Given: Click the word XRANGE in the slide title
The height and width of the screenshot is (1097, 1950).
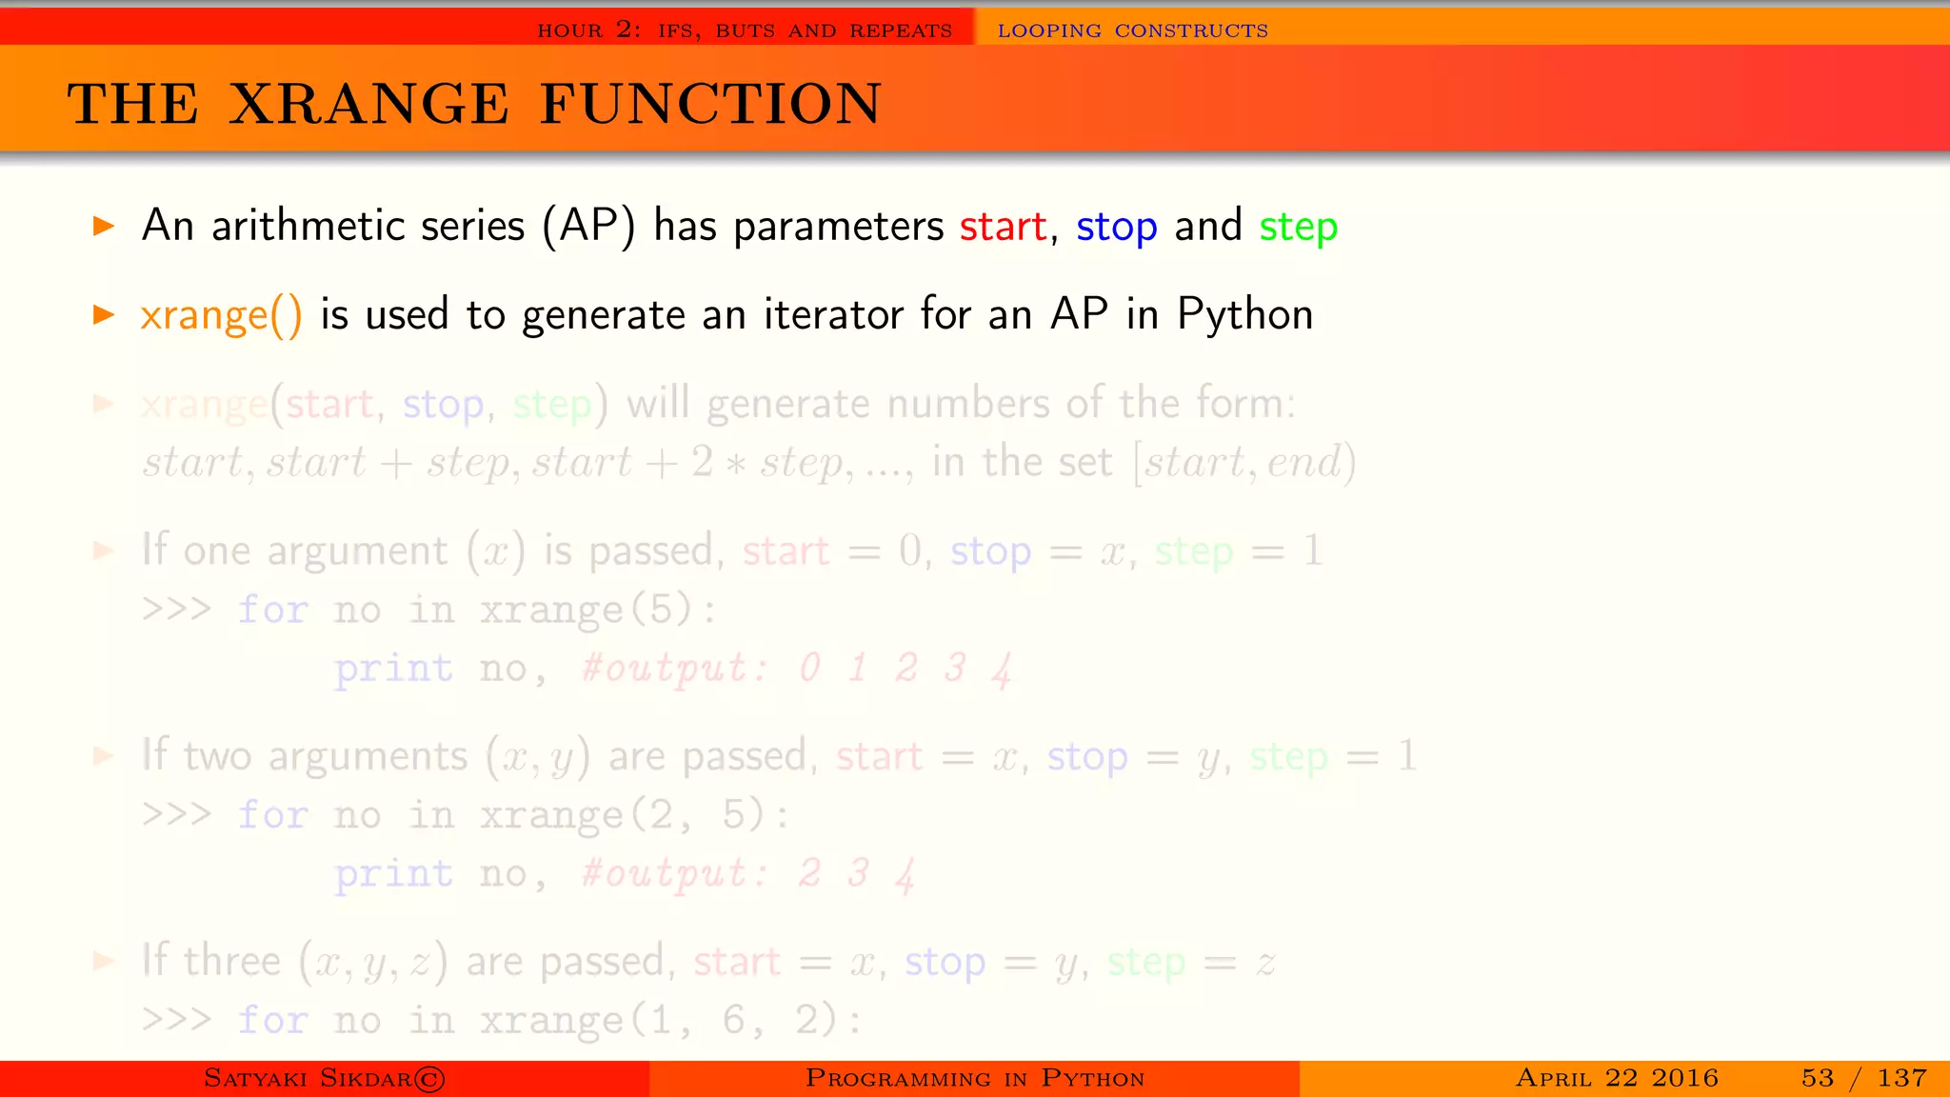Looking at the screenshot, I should tap(369, 104).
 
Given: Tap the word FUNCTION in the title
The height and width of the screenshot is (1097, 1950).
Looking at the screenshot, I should tap(710, 104).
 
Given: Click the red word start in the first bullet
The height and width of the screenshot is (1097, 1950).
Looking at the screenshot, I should tap(1003, 227).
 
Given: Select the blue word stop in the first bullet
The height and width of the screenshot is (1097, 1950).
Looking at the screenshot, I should tap(1116, 227).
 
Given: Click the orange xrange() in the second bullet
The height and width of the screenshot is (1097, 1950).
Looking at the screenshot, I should tap(221, 315).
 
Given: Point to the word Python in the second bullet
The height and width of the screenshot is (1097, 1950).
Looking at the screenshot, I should tap(1244, 315).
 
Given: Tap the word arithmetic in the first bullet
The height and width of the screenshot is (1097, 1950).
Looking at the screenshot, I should tap(368, 227).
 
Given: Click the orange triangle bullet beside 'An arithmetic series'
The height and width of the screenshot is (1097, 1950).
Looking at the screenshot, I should tap(104, 227).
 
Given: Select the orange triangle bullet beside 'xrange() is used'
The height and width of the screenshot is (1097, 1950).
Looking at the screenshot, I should tap(104, 315).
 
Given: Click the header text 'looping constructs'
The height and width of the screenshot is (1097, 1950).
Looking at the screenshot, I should tap(1132, 30).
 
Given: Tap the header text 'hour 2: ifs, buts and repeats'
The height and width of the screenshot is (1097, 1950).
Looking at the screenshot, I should tap(745, 30).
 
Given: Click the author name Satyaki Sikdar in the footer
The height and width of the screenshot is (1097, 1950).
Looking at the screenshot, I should tap(308, 1078).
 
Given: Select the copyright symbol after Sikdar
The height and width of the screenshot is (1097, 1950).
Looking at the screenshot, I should tap(429, 1079).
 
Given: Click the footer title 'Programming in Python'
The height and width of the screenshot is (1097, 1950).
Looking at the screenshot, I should tap(974, 1078).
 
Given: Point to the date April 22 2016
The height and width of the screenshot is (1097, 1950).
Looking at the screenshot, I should tap(1617, 1078).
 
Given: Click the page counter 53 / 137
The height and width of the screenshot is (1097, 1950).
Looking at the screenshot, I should tap(1863, 1078).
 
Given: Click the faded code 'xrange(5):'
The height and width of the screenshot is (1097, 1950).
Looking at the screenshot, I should tap(597, 609).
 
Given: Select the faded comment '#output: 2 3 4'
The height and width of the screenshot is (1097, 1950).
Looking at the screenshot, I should tap(748, 873).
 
